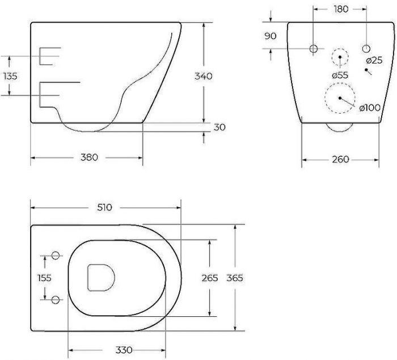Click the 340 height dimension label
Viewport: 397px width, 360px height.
[x=203, y=77]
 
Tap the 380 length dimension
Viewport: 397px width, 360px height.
[x=86, y=157]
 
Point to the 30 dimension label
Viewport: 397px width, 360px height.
[x=219, y=127]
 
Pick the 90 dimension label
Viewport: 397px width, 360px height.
[x=270, y=36]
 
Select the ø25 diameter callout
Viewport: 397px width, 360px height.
[x=374, y=60]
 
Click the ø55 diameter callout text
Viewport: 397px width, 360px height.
[x=340, y=75]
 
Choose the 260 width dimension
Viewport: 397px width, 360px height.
[x=340, y=160]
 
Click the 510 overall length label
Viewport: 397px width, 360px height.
[x=104, y=207]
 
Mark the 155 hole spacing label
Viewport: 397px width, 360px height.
[x=44, y=278]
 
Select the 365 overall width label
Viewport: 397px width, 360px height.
[x=234, y=278]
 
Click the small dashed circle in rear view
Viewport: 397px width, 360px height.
[x=340, y=58]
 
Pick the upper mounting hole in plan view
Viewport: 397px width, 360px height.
[x=56, y=256]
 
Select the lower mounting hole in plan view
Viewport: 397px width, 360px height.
[x=56, y=299]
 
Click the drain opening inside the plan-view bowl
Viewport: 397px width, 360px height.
[x=101, y=278]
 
